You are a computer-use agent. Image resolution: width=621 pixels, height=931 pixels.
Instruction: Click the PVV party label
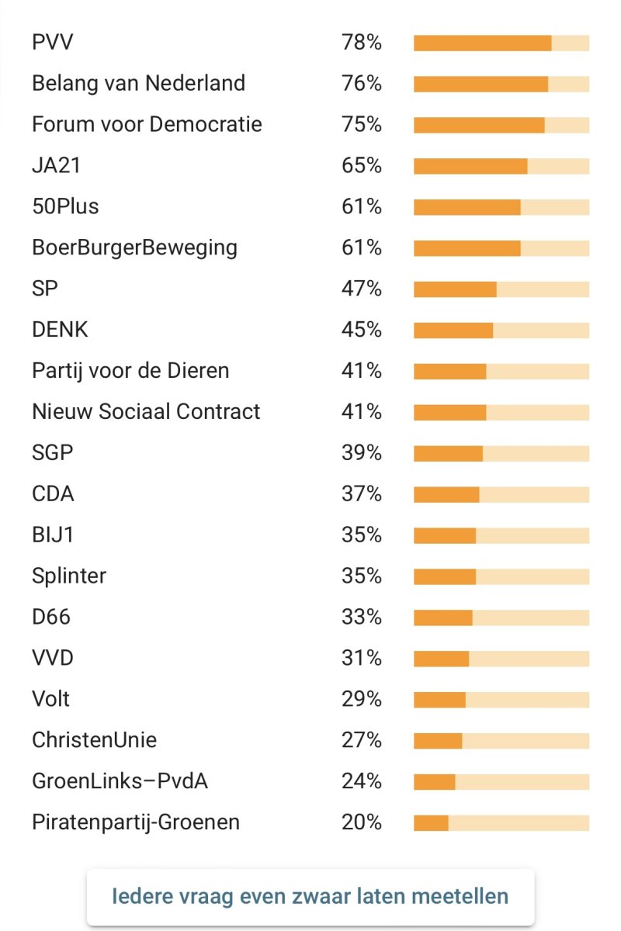coord(53,42)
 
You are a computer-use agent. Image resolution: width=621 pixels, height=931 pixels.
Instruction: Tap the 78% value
coord(361,42)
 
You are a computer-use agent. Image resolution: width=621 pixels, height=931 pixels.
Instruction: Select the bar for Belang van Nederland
coord(501,83)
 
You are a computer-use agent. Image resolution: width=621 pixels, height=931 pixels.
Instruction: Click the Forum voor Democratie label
coord(147,124)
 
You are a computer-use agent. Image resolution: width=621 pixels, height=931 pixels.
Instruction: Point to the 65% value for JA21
coord(361,165)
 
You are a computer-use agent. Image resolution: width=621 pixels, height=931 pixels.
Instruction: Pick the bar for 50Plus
coord(501,206)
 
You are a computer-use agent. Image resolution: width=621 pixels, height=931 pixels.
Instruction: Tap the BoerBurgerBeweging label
coord(134,247)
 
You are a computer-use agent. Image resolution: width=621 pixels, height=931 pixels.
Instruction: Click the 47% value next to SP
coord(361,289)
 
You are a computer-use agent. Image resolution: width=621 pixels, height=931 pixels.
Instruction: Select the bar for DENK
coord(501,330)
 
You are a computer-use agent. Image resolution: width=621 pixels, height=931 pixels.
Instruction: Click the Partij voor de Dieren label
coord(130,371)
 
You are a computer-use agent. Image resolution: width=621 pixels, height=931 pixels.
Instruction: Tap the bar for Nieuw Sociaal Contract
coord(501,412)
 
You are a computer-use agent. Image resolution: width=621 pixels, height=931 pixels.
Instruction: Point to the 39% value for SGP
coord(361,453)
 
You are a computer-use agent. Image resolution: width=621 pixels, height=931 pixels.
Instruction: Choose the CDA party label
coord(53,494)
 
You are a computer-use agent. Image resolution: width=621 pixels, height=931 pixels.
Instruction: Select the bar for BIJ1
coord(501,535)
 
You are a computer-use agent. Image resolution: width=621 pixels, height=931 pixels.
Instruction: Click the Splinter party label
coord(69,576)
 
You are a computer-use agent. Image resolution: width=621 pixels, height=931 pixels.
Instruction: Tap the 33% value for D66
coord(361,618)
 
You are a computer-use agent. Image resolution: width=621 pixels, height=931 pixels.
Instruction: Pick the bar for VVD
coord(501,659)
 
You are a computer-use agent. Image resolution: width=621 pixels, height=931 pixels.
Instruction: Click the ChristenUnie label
coord(94,740)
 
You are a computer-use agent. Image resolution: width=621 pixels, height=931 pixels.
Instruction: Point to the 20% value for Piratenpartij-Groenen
coord(361,822)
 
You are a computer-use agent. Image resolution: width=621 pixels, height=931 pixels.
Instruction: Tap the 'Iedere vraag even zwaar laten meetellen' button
coord(310,897)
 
